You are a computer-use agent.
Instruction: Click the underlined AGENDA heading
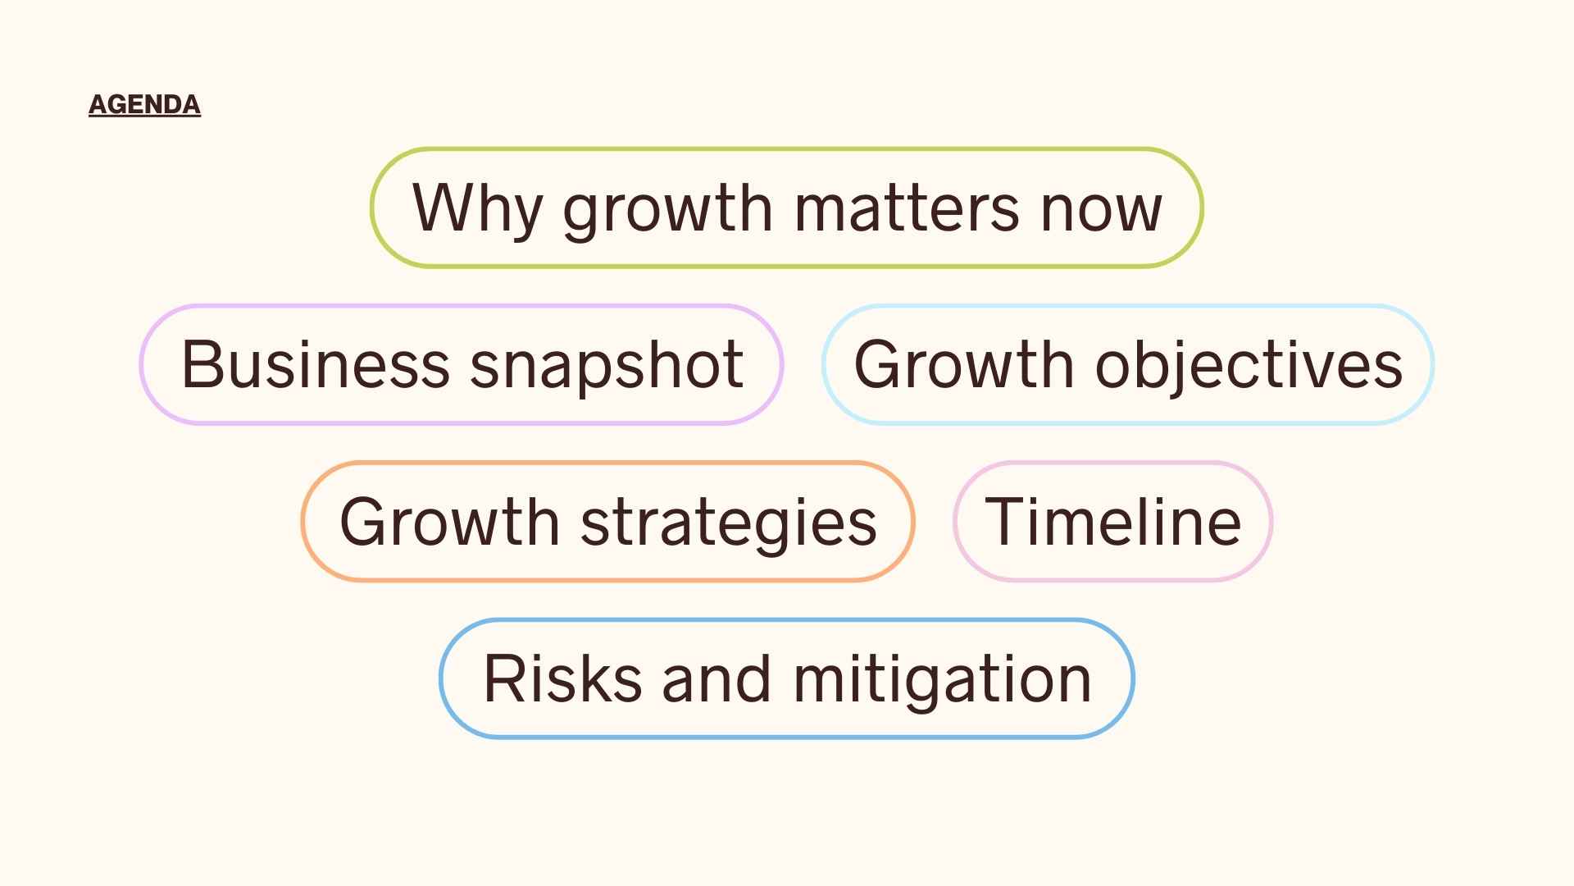point(144,104)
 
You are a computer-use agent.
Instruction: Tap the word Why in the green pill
point(476,208)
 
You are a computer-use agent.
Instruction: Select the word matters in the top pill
point(906,208)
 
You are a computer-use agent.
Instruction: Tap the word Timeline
point(1112,522)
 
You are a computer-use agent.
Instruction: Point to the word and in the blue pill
point(716,679)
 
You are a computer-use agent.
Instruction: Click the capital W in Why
point(444,207)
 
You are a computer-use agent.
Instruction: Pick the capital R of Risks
point(503,678)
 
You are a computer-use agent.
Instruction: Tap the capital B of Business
point(201,363)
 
